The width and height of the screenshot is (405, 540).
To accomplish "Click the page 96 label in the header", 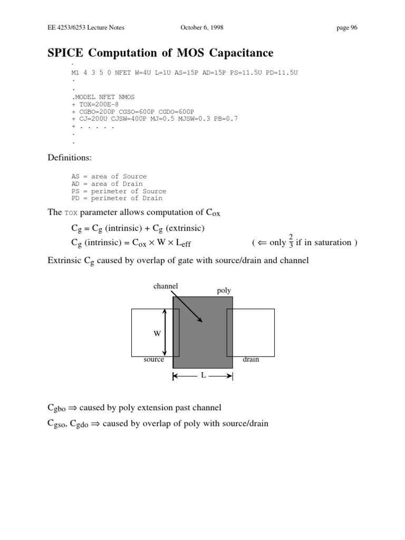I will (347, 28).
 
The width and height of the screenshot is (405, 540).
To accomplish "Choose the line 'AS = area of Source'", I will (109, 177).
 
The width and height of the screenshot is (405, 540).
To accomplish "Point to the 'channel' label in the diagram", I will (166, 286).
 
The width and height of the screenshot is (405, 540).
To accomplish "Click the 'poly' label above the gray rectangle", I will (224, 291).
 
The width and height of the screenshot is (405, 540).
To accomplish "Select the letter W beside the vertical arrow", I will (157, 334).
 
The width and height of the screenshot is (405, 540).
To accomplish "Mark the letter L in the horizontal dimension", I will (202, 376).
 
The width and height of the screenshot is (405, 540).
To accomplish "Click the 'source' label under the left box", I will (153, 360).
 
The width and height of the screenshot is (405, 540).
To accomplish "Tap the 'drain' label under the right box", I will (250, 360).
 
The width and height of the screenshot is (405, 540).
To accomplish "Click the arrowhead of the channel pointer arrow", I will (199, 320).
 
